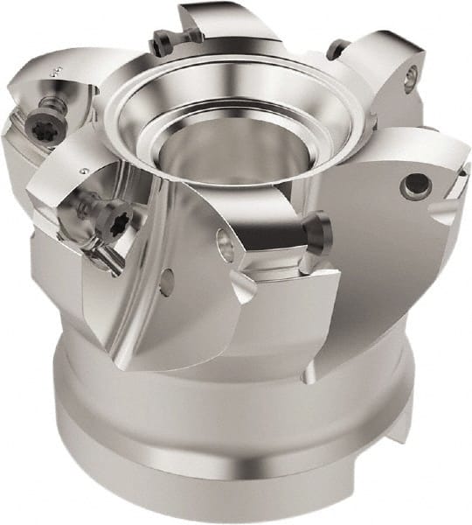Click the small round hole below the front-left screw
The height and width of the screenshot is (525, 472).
pyautogui.click(x=167, y=282)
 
